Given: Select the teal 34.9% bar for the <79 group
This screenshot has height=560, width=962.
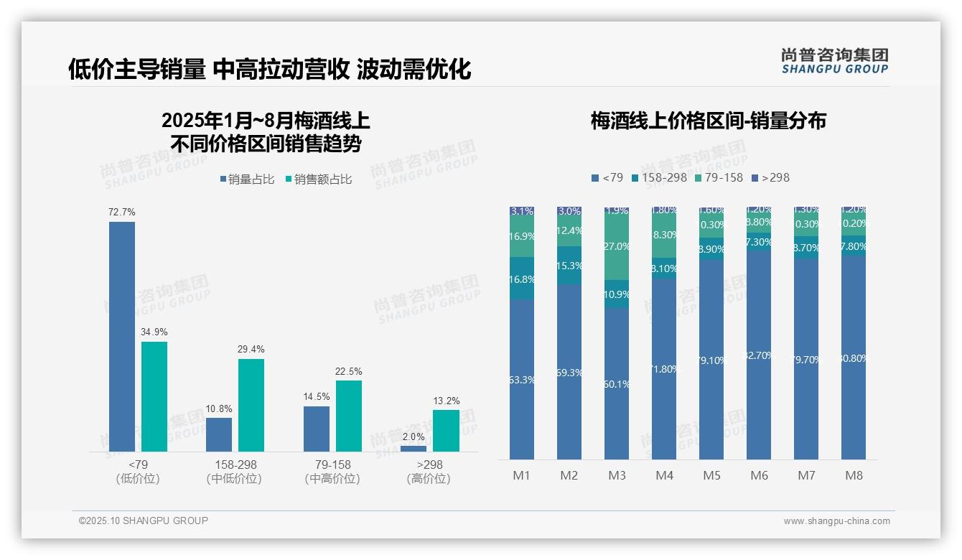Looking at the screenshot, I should click(154, 396).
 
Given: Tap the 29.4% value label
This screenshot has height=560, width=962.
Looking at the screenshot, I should click(251, 350).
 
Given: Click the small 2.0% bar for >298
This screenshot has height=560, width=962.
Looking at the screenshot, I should click(414, 449).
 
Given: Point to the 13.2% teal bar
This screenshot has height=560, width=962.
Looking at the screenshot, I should click(446, 430).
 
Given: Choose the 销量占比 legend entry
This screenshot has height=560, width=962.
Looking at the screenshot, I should click(248, 179).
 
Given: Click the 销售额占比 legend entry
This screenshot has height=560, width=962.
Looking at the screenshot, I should click(319, 179).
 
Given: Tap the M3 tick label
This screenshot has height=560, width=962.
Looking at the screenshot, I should click(617, 476).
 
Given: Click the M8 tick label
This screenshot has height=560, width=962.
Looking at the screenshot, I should click(854, 476).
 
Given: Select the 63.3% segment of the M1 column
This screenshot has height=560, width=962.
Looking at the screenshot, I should click(522, 379).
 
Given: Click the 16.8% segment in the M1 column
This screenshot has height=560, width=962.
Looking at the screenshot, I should click(522, 279).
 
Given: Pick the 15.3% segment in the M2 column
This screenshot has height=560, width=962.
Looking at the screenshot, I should click(569, 265).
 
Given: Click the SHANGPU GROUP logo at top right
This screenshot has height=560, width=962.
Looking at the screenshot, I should click(834, 61).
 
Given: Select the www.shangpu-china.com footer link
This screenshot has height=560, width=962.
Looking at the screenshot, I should click(836, 521).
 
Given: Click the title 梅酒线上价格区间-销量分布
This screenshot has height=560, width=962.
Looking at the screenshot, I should click(708, 121).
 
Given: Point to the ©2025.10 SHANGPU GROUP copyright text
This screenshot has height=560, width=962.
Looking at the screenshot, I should click(144, 521).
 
